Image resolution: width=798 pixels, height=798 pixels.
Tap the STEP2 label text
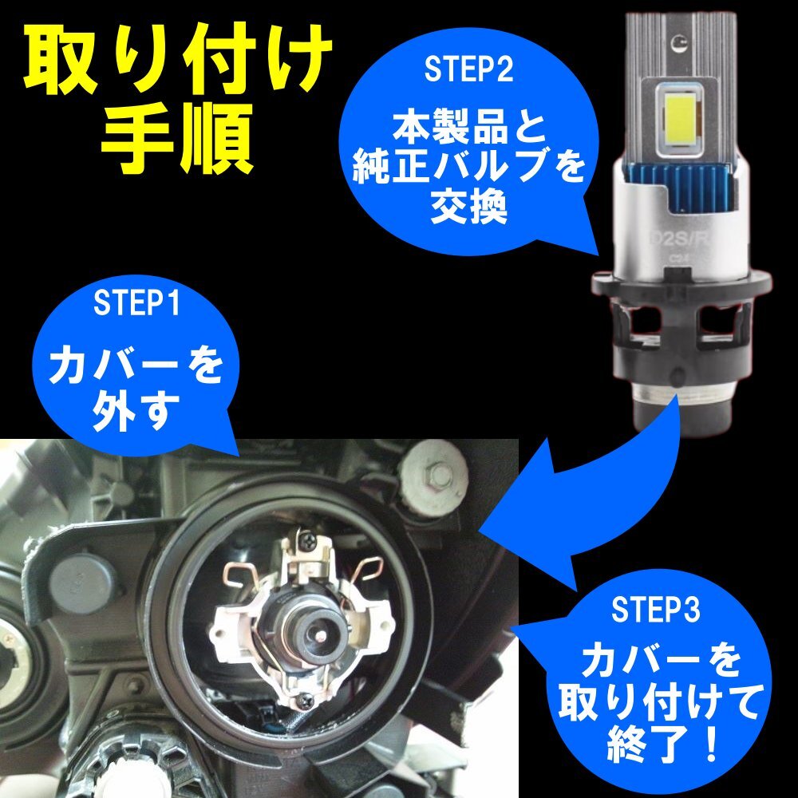[x=468, y=70]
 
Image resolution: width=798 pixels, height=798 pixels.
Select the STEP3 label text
[x=656, y=611]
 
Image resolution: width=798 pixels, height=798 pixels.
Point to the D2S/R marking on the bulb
[x=681, y=238]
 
